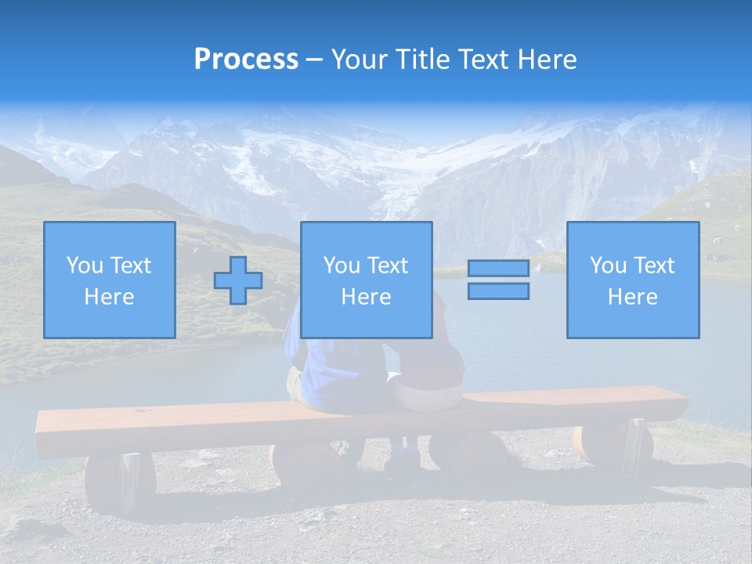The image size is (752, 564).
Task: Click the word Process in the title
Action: click(246, 60)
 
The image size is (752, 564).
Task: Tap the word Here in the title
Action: click(548, 60)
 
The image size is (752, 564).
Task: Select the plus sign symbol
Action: click(238, 280)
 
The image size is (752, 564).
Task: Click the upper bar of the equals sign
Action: click(498, 269)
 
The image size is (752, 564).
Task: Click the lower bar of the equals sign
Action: click(498, 291)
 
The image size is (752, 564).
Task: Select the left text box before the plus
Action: click(109, 280)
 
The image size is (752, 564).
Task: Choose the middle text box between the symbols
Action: click(366, 280)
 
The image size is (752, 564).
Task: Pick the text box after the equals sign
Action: click(632, 280)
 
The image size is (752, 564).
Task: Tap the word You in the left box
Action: click(83, 266)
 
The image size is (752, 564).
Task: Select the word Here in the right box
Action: click(632, 297)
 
